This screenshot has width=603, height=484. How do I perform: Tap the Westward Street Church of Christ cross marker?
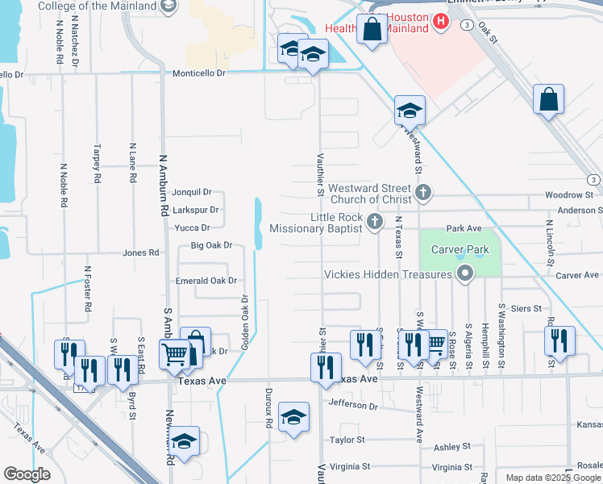point(424,193)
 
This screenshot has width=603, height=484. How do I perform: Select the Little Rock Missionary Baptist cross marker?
point(373,222)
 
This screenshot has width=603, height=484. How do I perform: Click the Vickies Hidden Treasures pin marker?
point(464,274)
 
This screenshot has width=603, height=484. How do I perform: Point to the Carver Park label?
point(460,249)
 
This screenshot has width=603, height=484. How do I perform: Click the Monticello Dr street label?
point(199,73)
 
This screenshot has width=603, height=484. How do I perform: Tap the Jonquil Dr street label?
point(192,192)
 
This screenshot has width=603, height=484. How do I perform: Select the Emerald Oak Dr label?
point(206,281)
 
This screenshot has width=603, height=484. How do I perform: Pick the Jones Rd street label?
point(140,252)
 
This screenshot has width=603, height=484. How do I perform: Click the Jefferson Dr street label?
point(352,406)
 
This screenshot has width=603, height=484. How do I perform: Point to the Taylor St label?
point(347,440)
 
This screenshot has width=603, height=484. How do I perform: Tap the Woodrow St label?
point(568,195)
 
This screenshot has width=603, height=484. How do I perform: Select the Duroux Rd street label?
point(268,405)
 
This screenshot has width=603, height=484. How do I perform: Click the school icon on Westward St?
point(410,110)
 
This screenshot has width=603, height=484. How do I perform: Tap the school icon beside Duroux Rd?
point(293,417)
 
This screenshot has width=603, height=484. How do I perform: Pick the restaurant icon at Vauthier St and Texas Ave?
point(324,366)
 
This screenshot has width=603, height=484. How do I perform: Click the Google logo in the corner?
point(27,474)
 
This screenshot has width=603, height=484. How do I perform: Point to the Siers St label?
point(525,308)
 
